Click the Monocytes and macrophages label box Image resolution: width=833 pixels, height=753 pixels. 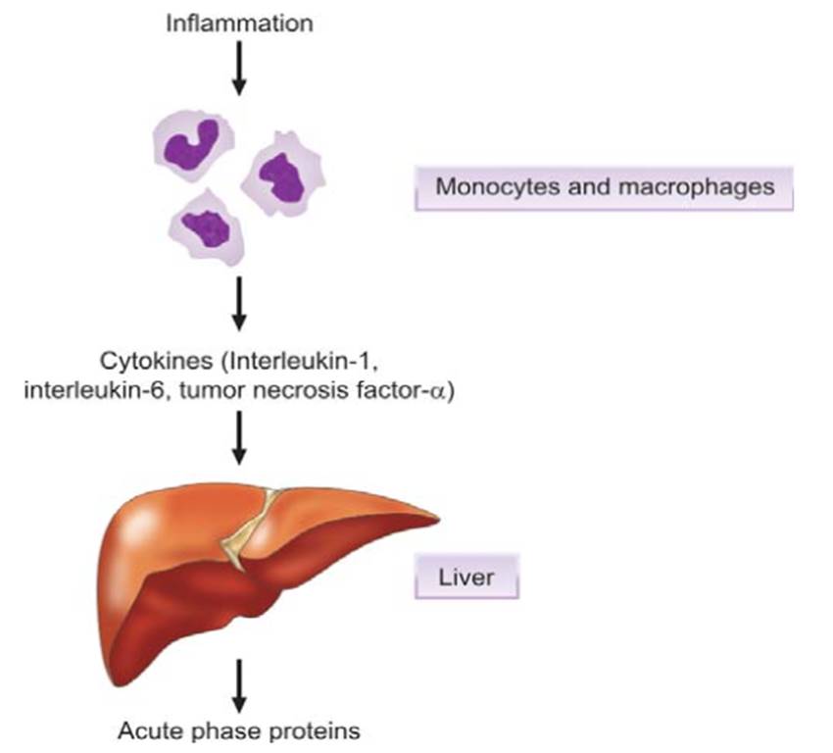[x=604, y=186]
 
